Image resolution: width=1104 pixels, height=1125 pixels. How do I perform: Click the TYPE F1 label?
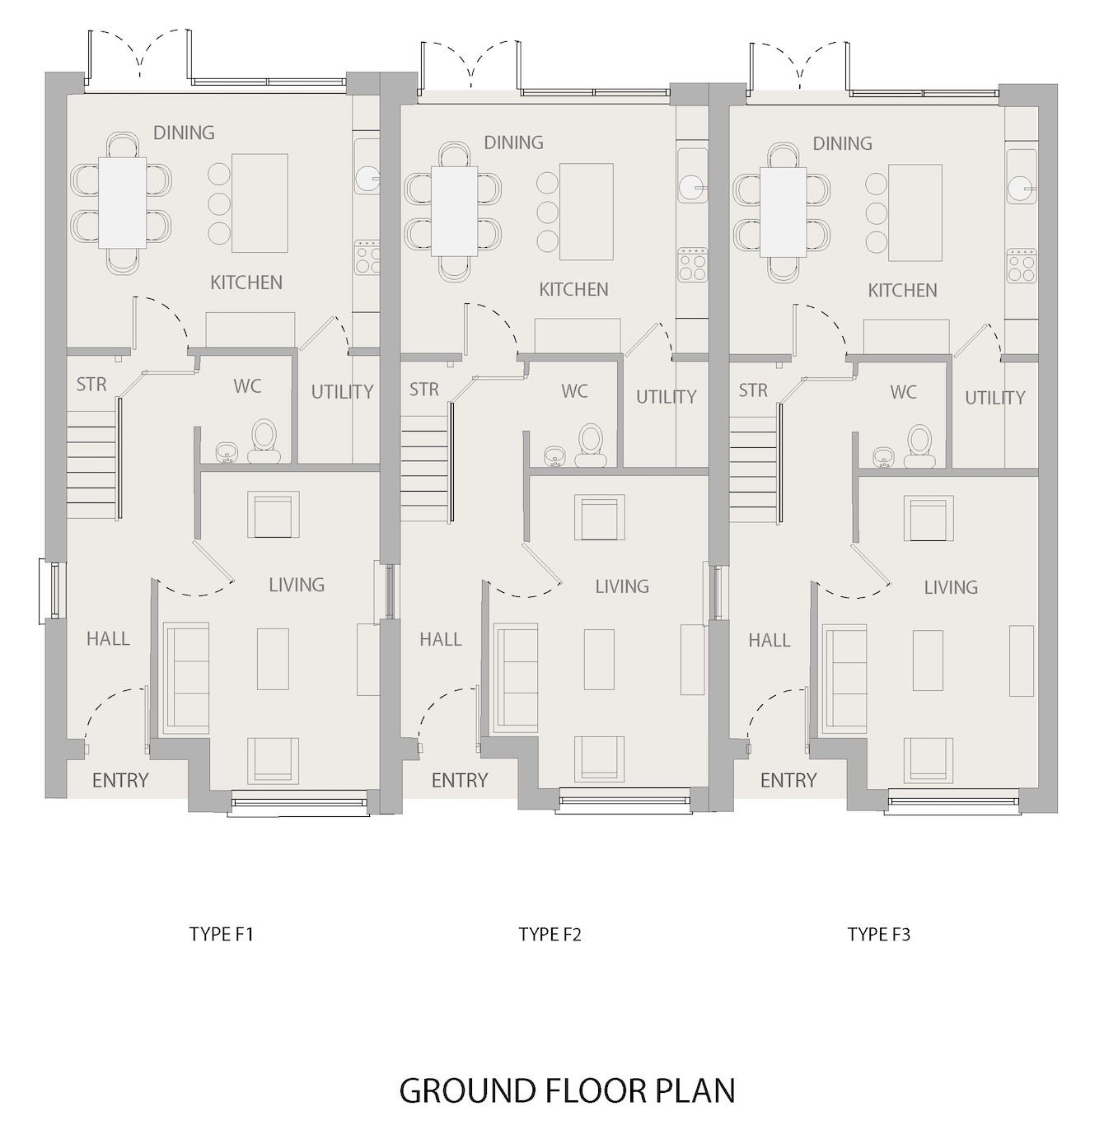pyautogui.click(x=222, y=934)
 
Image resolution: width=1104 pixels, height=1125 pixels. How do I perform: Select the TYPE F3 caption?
pyautogui.click(x=879, y=934)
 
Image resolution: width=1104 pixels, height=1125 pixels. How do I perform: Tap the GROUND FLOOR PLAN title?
pyautogui.click(x=567, y=1090)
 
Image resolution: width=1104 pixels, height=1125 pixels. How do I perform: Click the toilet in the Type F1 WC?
pyautogui.click(x=264, y=442)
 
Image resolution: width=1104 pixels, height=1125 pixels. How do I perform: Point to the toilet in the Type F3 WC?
pyautogui.click(x=920, y=447)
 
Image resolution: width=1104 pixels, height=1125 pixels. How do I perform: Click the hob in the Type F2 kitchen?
pyautogui.click(x=693, y=265)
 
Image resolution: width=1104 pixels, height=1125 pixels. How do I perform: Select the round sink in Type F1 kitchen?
pyautogui.click(x=367, y=180)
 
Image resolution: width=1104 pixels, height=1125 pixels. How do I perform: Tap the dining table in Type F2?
pyautogui.click(x=455, y=212)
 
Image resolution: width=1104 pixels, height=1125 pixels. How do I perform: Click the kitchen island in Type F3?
pyautogui.click(x=915, y=213)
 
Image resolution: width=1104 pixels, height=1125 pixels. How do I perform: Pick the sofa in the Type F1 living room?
pyautogui.click(x=186, y=678)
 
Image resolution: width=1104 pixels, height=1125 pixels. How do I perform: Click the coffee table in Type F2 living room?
pyautogui.click(x=599, y=660)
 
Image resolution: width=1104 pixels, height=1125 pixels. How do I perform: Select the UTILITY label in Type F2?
pyautogui.click(x=667, y=397)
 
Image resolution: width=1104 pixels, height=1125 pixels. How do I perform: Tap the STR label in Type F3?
pyautogui.click(x=753, y=390)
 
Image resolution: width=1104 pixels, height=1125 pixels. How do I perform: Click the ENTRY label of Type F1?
pyautogui.click(x=120, y=780)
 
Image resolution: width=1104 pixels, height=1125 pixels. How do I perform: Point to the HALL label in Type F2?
pyautogui.click(x=441, y=639)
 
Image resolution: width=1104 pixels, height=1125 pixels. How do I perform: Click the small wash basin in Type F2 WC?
pyautogui.click(x=553, y=456)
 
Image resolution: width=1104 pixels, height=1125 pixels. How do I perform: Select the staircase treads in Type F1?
pyautogui.click(x=92, y=464)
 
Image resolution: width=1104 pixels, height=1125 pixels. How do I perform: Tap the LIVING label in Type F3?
pyautogui.click(x=951, y=587)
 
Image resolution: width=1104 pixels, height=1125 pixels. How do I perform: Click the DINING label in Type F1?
pyautogui.click(x=184, y=133)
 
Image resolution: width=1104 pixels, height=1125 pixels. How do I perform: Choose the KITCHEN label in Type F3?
pyautogui.click(x=902, y=290)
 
